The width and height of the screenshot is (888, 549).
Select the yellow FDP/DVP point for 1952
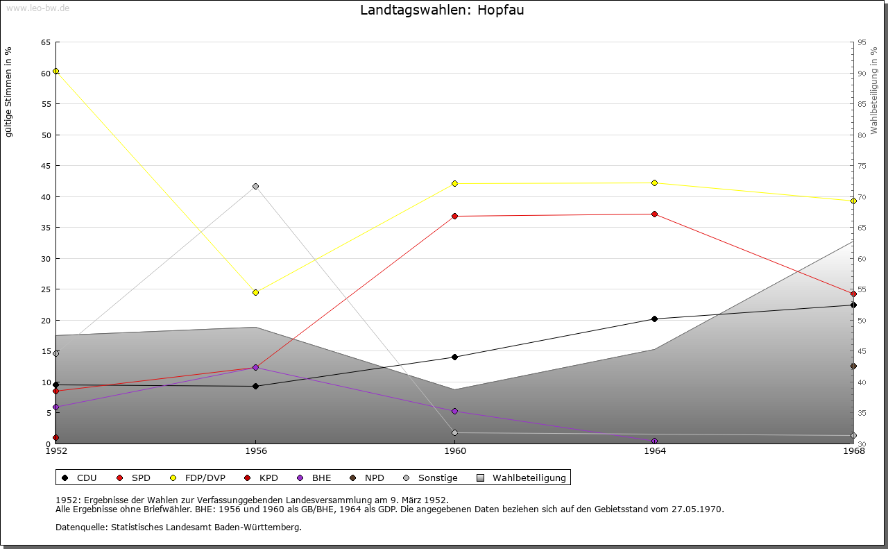click(x=56, y=71)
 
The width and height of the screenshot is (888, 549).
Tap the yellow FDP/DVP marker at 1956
click(x=255, y=292)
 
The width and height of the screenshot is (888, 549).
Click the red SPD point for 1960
click(x=455, y=216)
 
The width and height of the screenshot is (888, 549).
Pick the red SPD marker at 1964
click(x=654, y=214)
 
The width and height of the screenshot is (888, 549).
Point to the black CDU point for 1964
click(x=654, y=319)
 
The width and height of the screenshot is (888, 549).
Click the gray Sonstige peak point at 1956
click(x=255, y=186)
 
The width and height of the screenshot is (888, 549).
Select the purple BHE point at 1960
click(x=455, y=411)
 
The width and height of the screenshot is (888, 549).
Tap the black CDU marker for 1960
click(x=455, y=357)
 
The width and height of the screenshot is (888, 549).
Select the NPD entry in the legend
click(x=374, y=478)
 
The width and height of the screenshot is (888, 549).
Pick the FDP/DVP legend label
click(x=205, y=478)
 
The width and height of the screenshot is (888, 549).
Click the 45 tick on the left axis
click(x=46, y=166)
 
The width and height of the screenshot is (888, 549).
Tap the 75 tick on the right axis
click(x=862, y=166)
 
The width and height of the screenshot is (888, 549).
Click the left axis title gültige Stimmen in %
click(x=9, y=92)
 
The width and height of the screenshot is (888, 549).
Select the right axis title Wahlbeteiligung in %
click(x=874, y=91)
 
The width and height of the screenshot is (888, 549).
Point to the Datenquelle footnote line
click(x=178, y=527)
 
